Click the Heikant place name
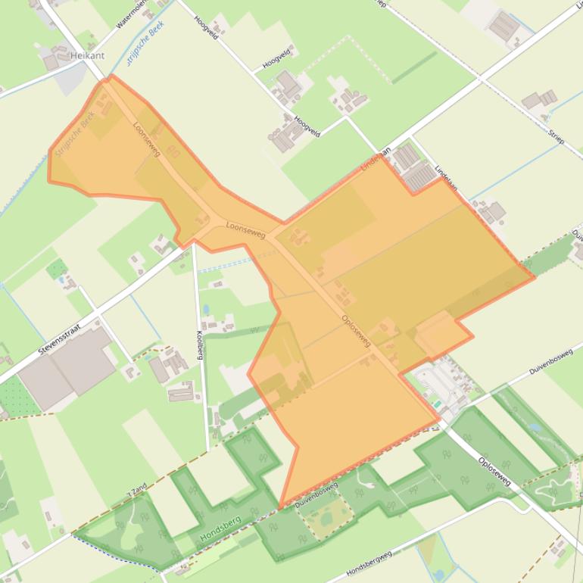tap(86, 55)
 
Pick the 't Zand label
tap(137, 490)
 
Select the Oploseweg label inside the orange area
tap(356, 331)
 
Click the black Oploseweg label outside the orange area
tap(494, 471)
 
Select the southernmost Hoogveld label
tap(307, 128)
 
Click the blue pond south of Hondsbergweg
tap(438, 575)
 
